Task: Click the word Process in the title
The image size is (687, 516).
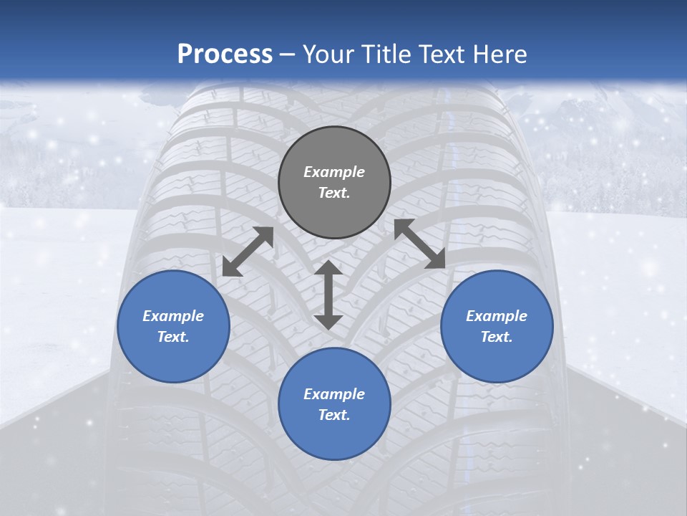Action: (225, 54)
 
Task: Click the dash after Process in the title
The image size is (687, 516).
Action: (288, 55)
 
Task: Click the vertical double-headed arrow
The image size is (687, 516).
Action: (328, 295)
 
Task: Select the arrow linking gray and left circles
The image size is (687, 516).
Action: (248, 252)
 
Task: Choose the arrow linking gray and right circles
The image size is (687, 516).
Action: (420, 244)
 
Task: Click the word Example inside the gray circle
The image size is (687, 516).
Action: (334, 172)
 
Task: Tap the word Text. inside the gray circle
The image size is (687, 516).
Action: (334, 193)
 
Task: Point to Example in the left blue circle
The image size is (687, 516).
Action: (173, 316)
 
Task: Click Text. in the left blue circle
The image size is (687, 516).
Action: (173, 337)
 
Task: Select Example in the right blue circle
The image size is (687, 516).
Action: (497, 316)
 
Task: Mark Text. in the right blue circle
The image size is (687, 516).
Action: (497, 337)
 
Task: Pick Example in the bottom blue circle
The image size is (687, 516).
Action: (334, 394)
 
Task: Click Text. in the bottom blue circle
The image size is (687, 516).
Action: (334, 415)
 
